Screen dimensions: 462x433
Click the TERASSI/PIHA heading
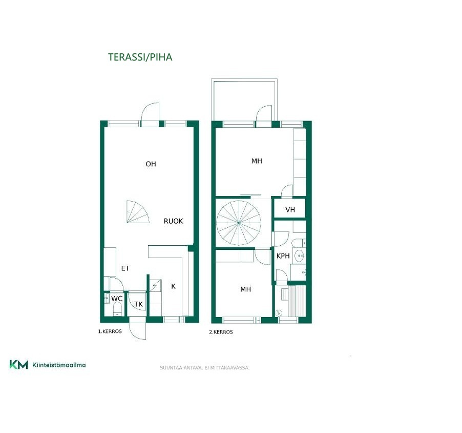(x=140, y=57)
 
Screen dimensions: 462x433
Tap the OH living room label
(x=151, y=164)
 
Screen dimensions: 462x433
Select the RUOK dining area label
(x=173, y=221)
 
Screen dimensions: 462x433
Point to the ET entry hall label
(x=125, y=268)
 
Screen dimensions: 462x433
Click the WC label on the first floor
(x=117, y=299)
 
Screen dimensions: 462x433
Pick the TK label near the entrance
(x=138, y=304)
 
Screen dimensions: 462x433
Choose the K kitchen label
(x=173, y=286)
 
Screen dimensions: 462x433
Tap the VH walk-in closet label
(x=290, y=209)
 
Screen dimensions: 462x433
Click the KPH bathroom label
(x=283, y=256)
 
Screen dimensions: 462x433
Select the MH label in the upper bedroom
(x=257, y=161)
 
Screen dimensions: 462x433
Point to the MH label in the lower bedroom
(x=245, y=289)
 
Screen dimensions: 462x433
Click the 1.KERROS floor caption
(x=110, y=331)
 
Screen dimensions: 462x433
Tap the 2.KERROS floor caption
(x=221, y=332)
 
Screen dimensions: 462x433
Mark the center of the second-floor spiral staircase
(x=239, y=223)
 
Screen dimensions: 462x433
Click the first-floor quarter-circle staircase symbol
(x=137, y=212)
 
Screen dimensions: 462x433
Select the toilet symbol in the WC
(x=117, y=309)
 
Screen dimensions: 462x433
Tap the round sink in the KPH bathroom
(x=300, y=255)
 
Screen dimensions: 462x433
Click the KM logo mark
(x=18, y=365)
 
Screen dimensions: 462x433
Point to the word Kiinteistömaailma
(x=59, y=365)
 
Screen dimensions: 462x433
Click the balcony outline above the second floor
(x=244, y=80)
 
